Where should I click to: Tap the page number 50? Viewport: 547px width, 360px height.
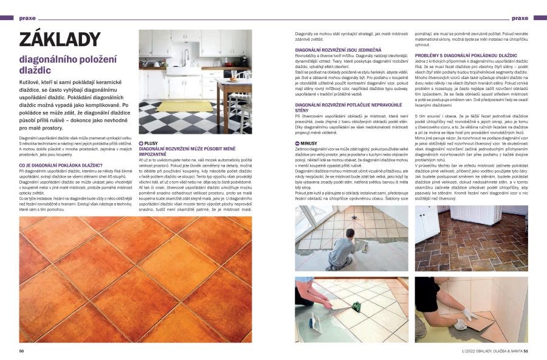[x=21, y=350]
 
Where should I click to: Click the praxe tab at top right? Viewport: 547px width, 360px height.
[x=520, y=18]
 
